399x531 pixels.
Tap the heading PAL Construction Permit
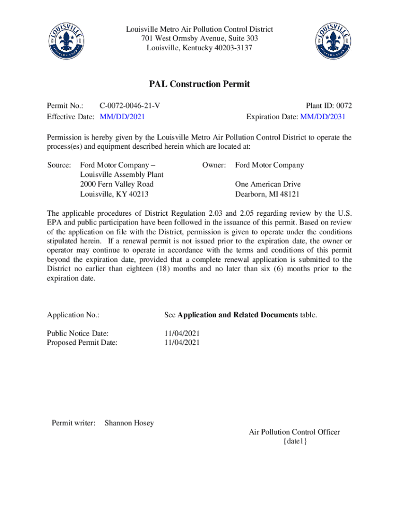[x=199, y=84]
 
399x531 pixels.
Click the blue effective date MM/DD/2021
[x=122, y=117]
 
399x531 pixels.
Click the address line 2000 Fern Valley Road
[x=117, y=184]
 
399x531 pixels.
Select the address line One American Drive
[x=267, y=184]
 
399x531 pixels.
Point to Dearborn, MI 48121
[x=267, y=194]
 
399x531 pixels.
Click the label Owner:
[x=214, y=165]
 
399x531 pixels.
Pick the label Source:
[x=59, y=165]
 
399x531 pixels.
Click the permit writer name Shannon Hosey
[x=129, y=423]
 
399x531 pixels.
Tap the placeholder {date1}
[x=295, y=441]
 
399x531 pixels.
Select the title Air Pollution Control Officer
[x=294, y=432]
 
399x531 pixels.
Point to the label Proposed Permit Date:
[x=82, y=342]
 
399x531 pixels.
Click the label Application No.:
[x=73, y=315]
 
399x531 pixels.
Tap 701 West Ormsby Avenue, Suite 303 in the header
[x=199, y=39]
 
